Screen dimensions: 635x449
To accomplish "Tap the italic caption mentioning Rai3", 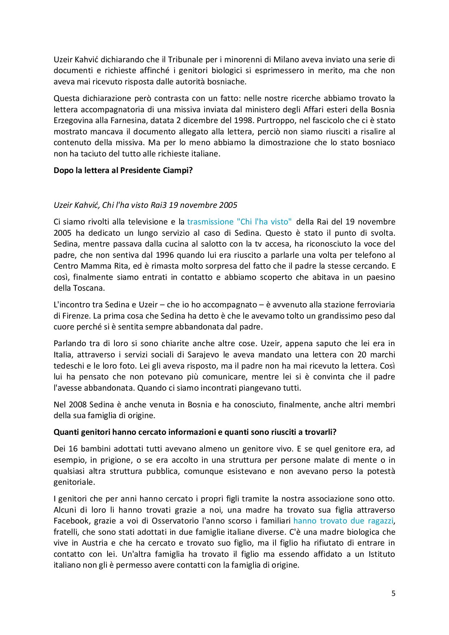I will coord(145,205).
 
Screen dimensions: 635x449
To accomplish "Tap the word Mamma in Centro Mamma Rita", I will coord(100,266).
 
